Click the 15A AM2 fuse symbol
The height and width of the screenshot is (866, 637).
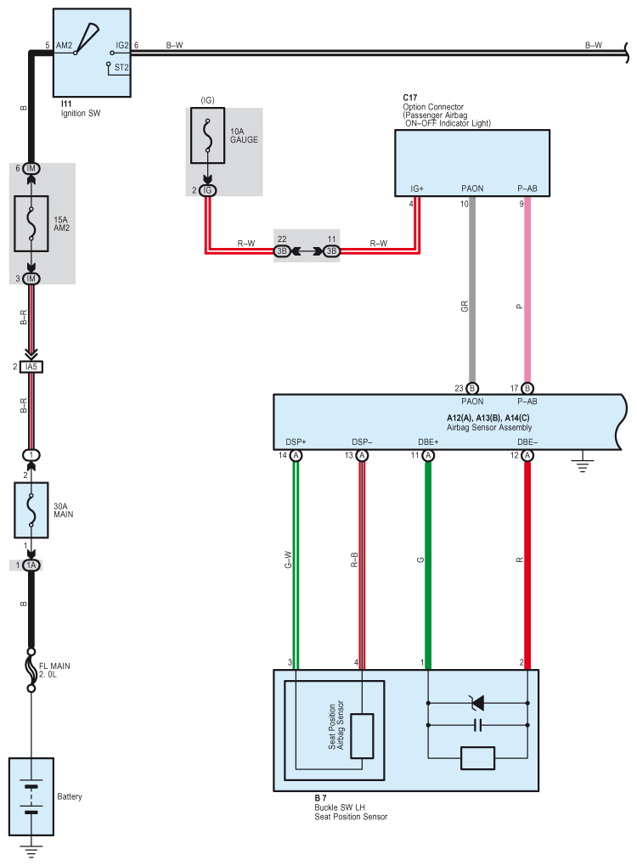(31, 223)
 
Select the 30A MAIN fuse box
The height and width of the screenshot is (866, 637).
(31, 510)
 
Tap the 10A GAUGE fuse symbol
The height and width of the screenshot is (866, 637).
(207, 135)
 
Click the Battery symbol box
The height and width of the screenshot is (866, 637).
(31, 796)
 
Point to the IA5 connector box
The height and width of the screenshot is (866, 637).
(31, 367)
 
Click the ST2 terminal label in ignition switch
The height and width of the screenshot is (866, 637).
(121, 67)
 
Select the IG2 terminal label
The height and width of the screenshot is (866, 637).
(122, 45)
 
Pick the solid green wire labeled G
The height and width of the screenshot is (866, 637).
(427, 565)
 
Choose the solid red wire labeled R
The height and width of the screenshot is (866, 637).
(527, 565)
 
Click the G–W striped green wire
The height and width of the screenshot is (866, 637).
(296, 565)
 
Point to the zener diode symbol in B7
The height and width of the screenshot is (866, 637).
(476, 702)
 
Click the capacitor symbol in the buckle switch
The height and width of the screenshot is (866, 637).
(478, 725)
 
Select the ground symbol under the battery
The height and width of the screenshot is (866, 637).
(31, 851)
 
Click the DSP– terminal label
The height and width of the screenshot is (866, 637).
(362, 441)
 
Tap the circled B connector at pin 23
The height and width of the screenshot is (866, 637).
(472, 389)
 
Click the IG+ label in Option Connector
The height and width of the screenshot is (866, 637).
(416, 188)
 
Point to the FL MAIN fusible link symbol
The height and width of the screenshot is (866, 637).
(31, 670)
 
